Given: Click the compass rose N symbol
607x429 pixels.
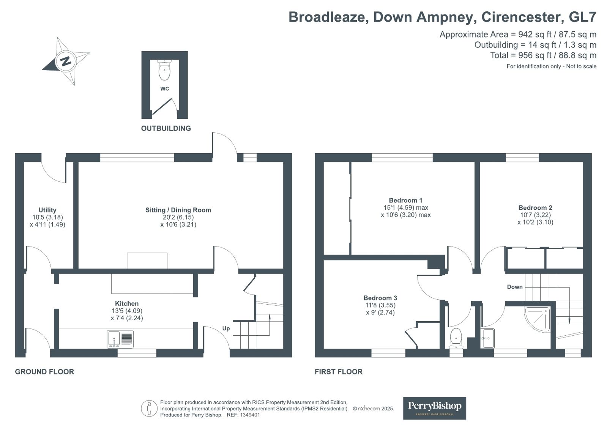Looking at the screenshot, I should (x=66, y=61).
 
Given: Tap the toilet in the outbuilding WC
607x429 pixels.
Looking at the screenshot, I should (x=164, y=71).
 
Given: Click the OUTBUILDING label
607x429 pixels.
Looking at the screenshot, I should (x=166, y=128).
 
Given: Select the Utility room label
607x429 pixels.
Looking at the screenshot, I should (x=47, y=210).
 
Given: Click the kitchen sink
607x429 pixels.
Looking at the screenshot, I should (x=120, y=339).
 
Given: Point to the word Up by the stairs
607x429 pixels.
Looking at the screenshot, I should (x=226, y=328).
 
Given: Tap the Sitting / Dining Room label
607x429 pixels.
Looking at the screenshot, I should (x=178, y=210).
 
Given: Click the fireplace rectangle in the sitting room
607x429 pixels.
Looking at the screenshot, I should (x=147, y=261).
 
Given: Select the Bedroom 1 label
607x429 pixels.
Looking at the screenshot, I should (x=405, y=200).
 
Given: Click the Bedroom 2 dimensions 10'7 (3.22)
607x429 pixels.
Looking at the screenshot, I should (x=535, y=215).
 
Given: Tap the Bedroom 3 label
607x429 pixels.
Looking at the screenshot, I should (x=380, y=298).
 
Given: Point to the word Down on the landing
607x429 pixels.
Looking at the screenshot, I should (x=515, y=287).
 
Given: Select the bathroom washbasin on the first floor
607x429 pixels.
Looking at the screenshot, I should (x=487, y=338).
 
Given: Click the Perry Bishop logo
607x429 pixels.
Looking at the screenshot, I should (x=434, y=408).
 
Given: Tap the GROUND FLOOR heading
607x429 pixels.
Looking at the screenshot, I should (x=44, y=372).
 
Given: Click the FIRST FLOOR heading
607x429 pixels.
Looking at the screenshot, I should (x=339, y=372).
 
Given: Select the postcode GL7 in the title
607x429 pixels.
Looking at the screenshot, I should (x=583, y=17).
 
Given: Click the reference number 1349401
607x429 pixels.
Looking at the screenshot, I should (x=249, y=415).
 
